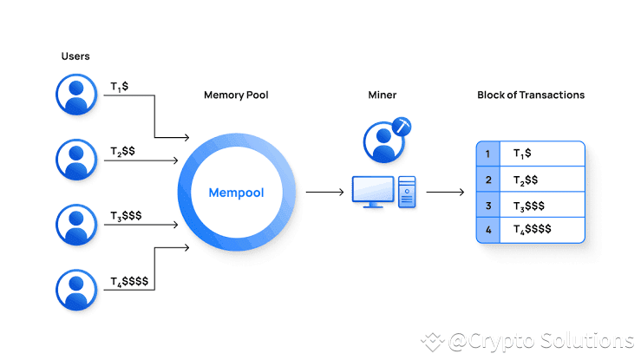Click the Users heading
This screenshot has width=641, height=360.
[75, 56]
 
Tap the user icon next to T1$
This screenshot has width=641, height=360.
[77, 94]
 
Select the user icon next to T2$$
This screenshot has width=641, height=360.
[77, 158]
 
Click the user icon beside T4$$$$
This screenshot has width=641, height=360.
[77, 288]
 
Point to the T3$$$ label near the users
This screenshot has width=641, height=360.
[126, 214]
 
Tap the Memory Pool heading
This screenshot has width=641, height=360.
[236, 94]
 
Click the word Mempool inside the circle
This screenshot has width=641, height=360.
[236, 192]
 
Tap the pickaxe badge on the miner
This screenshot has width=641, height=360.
[401, 127]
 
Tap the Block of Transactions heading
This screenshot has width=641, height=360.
[531, 94]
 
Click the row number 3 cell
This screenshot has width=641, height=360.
[488, 206]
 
